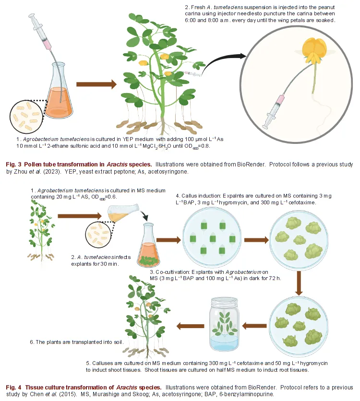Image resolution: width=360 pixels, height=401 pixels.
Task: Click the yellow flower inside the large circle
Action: coord(314,51)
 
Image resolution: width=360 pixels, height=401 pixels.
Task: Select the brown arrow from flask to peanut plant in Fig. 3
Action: coord(96,84)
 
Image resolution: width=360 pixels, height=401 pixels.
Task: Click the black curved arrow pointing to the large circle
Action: coord(223,63)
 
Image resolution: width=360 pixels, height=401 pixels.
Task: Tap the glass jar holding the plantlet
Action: coord(224,323)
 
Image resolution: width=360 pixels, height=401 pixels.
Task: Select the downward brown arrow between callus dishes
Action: coord(299,283)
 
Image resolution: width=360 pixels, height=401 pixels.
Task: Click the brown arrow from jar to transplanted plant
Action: coord(191,326)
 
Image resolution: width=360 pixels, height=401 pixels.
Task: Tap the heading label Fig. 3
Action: coord(13,164)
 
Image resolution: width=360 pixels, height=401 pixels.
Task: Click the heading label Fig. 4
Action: coord(13,387)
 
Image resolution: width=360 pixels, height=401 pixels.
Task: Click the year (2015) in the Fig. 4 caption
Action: coord(68,394)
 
